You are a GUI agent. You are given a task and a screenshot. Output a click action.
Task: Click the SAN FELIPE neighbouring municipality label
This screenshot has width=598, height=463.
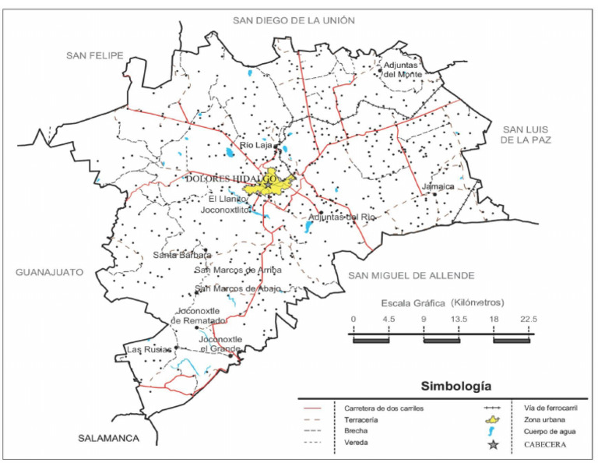coord(95,55)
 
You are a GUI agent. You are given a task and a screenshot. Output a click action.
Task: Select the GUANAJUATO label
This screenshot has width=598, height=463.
coord(48,272)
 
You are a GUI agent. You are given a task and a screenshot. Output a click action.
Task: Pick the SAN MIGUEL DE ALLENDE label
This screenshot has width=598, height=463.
coord(410,275)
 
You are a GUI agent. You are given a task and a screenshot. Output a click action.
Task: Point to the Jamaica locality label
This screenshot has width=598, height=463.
coord(438,188)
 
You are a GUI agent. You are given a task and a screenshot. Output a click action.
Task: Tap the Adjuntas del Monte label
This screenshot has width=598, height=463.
coord(402,70)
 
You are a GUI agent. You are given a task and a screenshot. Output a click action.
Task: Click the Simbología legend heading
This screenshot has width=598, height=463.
coord(457,385)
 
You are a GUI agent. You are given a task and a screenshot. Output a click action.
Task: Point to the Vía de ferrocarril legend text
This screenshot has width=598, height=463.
coord(545,407)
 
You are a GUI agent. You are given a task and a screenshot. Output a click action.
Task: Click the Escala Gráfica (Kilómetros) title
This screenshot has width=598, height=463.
coord(441,302)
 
